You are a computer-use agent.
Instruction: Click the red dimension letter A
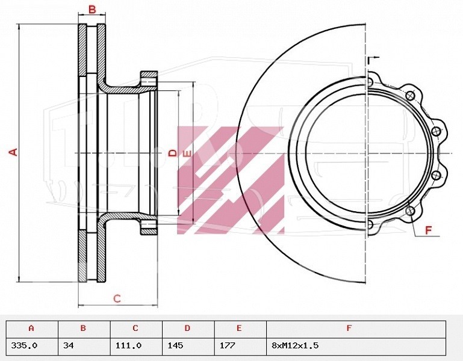coord(13,152)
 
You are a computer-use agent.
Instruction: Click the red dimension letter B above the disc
coord(92,10)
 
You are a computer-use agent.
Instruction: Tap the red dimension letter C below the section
coord(117,298)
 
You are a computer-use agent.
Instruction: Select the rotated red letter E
coord(187,154)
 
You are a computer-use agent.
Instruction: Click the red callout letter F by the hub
coord(429,230)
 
